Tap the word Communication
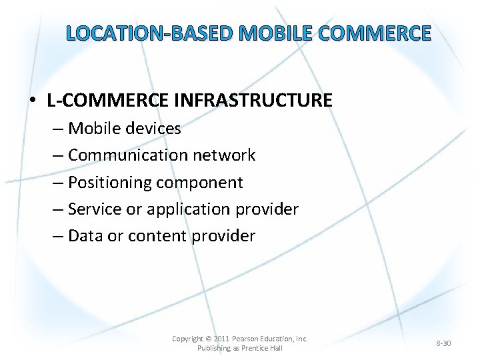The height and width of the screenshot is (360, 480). click(128, 155)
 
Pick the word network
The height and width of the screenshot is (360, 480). click(224, 155)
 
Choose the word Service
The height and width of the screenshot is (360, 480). click(95, 209)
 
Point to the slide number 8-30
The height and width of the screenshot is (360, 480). click(443, 343)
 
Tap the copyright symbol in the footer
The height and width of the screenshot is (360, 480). click(209, 339)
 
